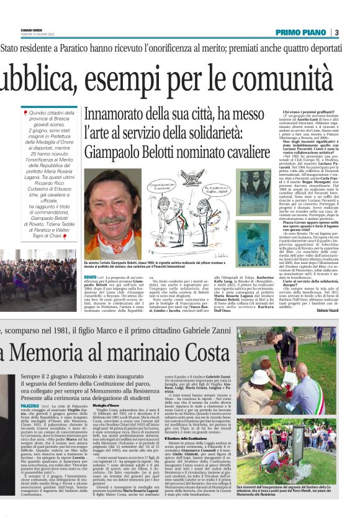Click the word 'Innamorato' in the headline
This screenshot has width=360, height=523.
[x=116, y=115]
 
